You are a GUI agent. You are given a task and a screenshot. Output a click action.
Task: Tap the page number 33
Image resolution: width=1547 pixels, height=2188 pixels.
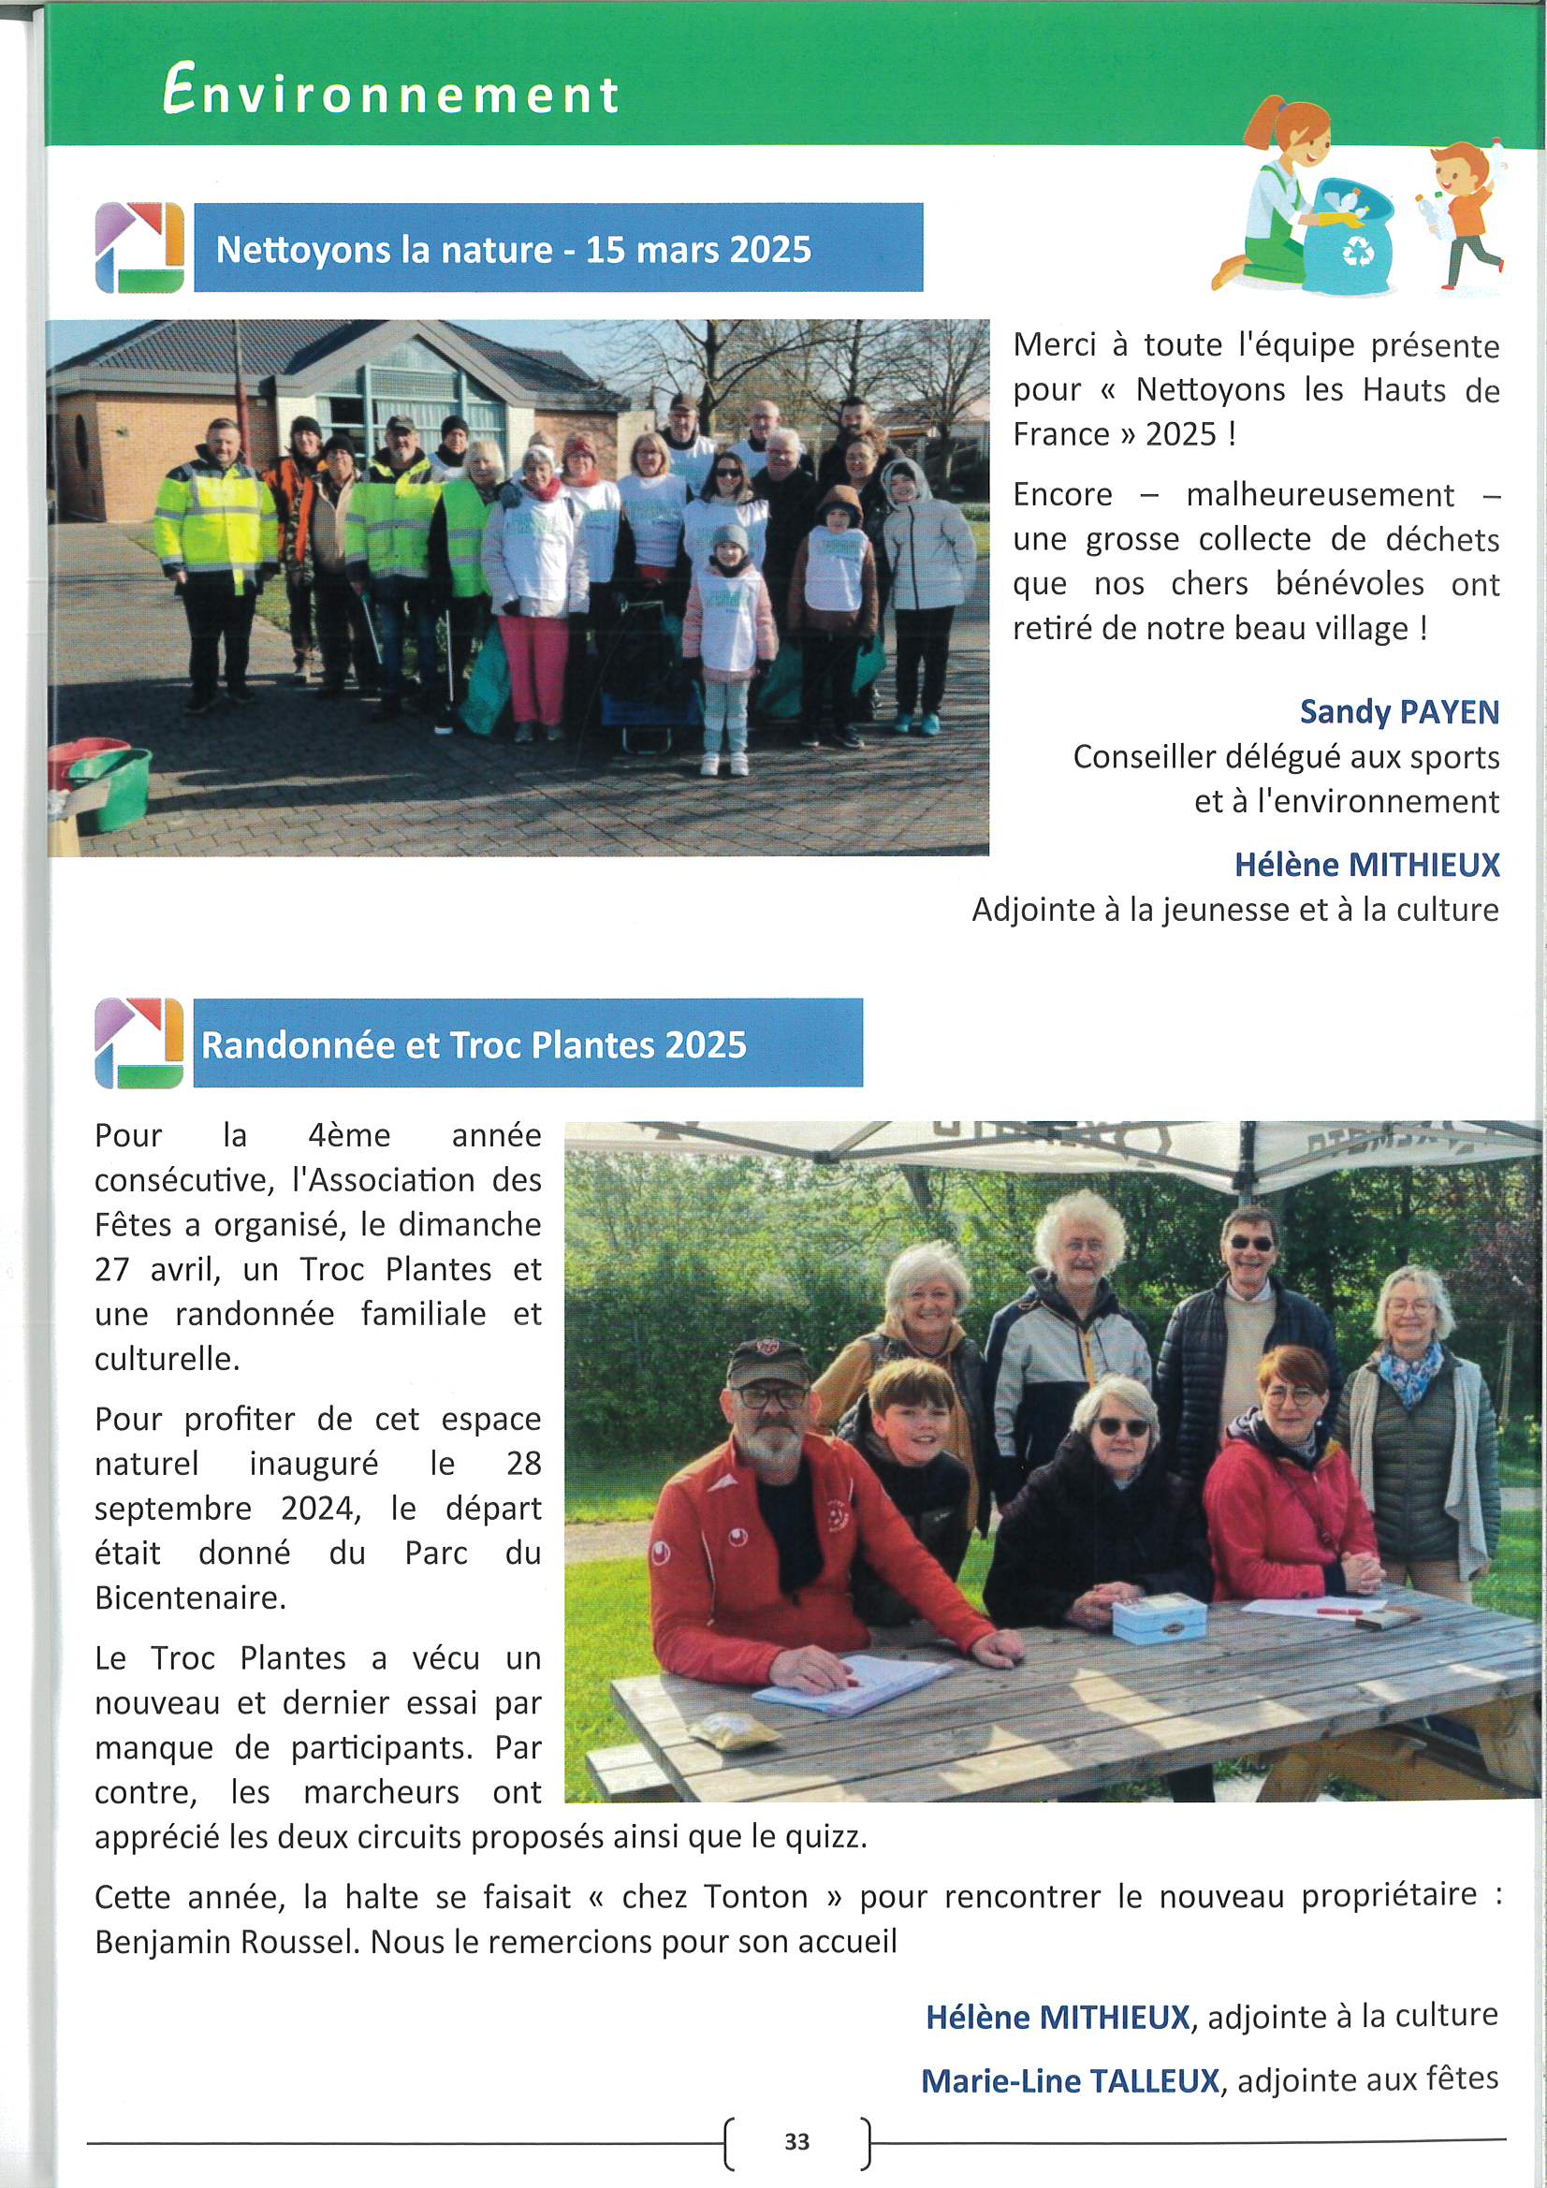pyautogui.click(x=795, y=2141)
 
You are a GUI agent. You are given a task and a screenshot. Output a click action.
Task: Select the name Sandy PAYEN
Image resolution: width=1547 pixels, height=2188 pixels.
pyautogui.click(x=1398, y=712)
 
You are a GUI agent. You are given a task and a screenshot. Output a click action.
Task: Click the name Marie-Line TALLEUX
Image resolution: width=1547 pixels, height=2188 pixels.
pyautogui.click(x=1070, y=2080)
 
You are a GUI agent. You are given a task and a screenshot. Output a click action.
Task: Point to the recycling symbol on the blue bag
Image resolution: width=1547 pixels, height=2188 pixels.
pyautogui.click(x=1357, y=252)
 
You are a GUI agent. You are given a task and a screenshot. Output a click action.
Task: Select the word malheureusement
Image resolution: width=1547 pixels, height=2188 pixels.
pyautogui.click(x=1320, y=494)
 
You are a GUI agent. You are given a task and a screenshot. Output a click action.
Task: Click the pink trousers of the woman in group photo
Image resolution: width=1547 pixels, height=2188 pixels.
pyautogui.click(x=533, y=667)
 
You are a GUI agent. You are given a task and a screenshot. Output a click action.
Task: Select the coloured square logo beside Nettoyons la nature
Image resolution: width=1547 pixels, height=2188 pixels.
pyautogui.click(x=139, y=248)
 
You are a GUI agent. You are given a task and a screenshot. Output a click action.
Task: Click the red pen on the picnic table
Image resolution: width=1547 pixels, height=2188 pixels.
pyautogui.click(x=1340, y=1609)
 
